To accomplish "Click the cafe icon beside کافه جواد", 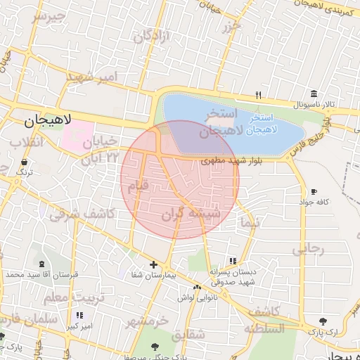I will click(x=314, y=191).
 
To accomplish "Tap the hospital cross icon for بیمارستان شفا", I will click(x=153, y=264).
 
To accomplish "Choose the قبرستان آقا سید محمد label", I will click(x=34, y=273).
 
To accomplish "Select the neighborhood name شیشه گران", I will click(x=192, y=212).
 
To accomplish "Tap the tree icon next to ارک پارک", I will click(x=323, y=321).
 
